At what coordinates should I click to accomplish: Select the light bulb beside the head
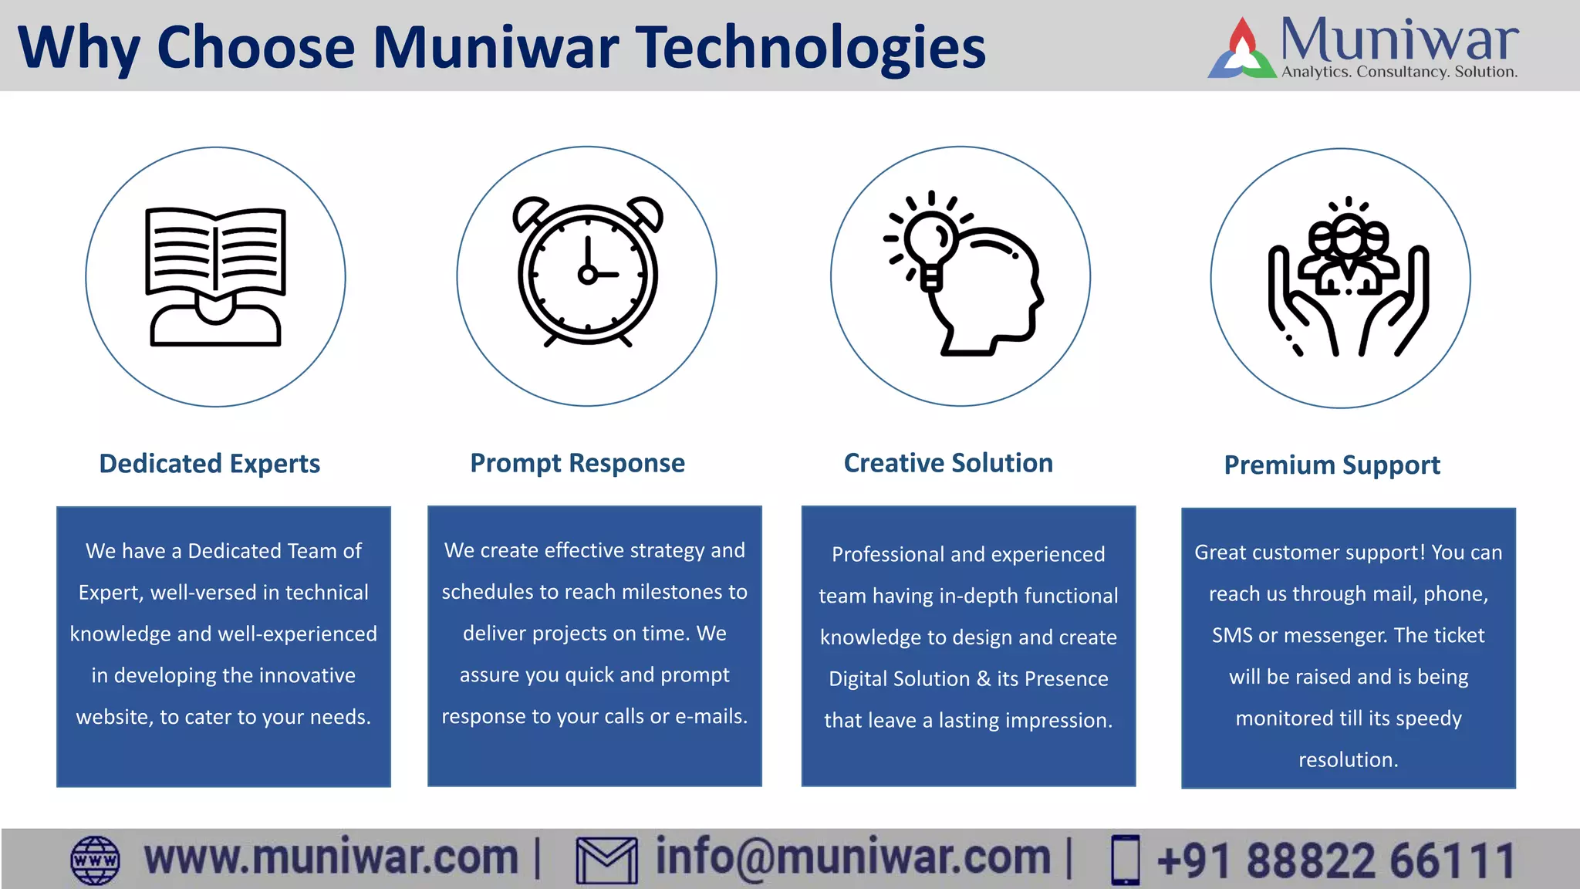[929, 239]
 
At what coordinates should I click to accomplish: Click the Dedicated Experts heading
[210, 464]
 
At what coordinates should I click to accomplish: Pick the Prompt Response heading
[577, 463]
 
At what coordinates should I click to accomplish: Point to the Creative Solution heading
[948, 463]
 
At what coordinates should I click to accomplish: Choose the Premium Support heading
[1332, 465]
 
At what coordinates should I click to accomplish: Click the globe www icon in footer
[95, 860]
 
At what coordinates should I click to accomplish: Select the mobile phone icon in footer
[1125, 860]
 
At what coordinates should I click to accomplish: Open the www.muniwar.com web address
[331, 858]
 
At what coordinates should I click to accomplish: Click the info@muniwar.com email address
[852, 858]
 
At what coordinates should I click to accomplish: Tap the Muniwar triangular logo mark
[1241, 51]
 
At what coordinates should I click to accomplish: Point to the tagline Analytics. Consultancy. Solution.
[1399, 72]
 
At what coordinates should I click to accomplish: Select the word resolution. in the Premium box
[1348, 760]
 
